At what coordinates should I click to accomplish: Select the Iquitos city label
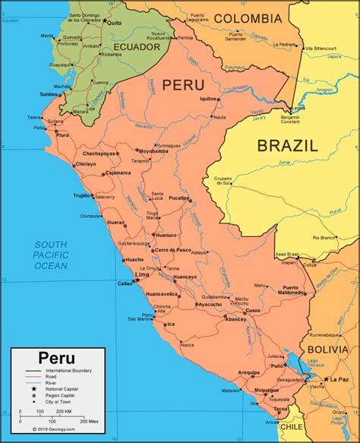click(x=208, y=99)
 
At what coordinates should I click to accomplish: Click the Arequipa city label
click(x=248, y=372)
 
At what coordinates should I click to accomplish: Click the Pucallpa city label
click(x=201, y=197)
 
